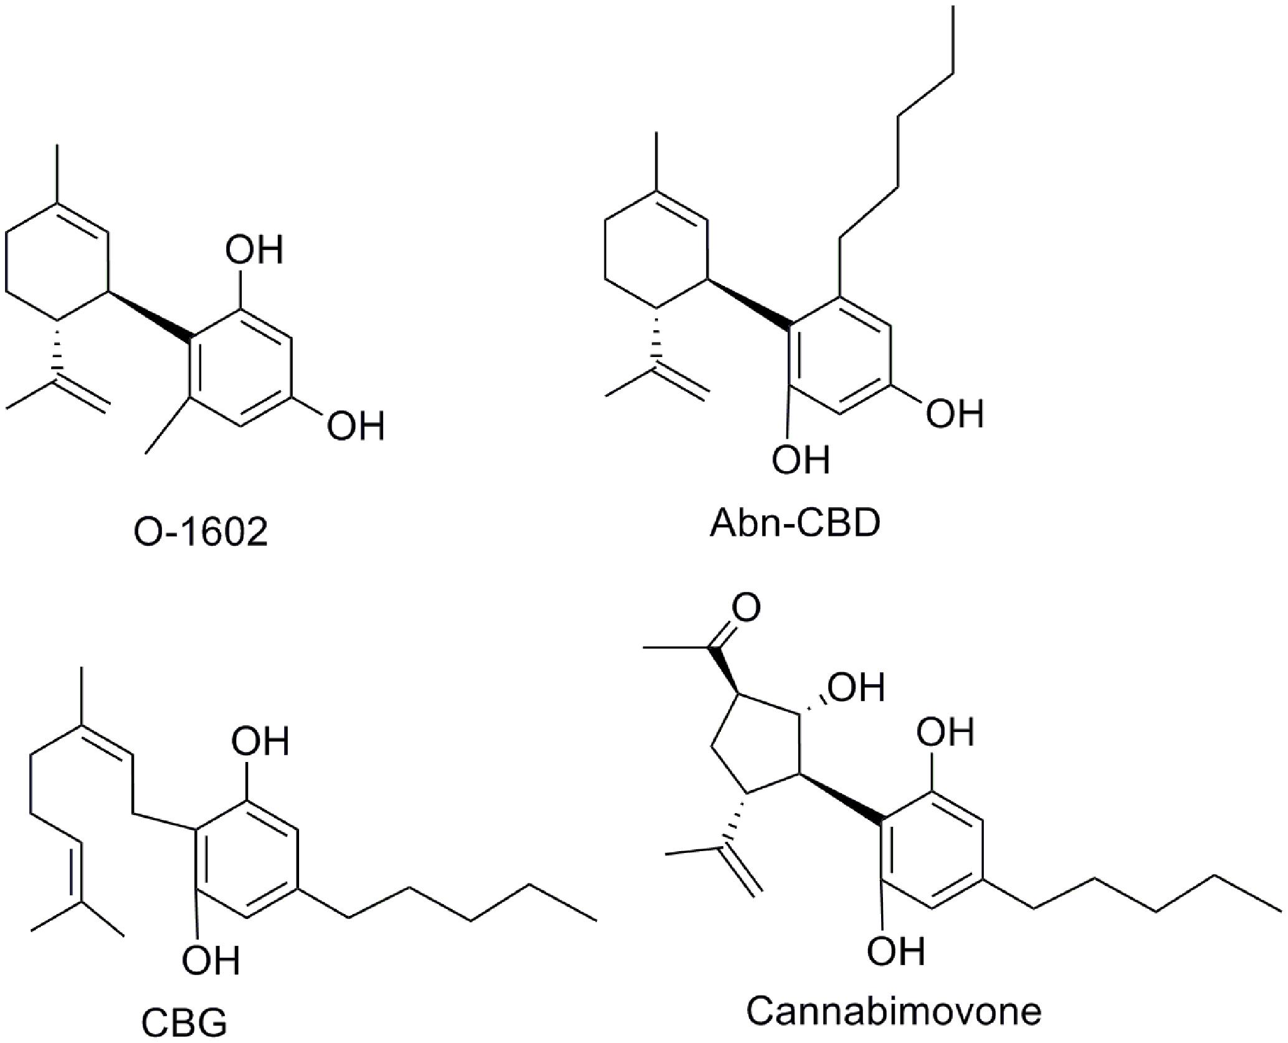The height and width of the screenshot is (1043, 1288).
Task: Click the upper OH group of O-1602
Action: (254, 250)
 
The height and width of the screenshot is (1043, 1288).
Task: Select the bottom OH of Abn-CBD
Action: (801, 459)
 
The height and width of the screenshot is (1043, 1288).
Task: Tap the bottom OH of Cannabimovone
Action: (896, 950)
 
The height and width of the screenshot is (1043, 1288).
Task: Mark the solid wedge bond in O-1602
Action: (150, 316)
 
